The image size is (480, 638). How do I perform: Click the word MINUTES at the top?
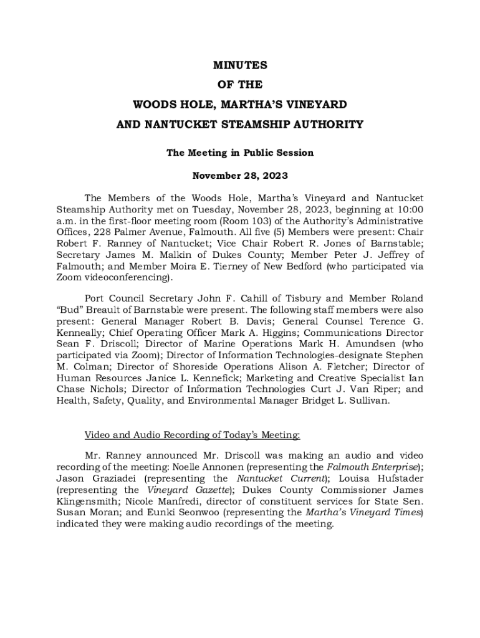click(x=240, y=65)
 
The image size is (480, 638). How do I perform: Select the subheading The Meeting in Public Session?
click(x=240, y=153)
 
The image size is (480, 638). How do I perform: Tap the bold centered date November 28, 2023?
click(x=240, y=176)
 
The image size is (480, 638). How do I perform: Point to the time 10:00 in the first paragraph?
click(x=410, y=210)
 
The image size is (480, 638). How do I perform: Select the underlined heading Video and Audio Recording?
click(x=193, y=434)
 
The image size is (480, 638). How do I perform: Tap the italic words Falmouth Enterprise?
click(x=371, y=467)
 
